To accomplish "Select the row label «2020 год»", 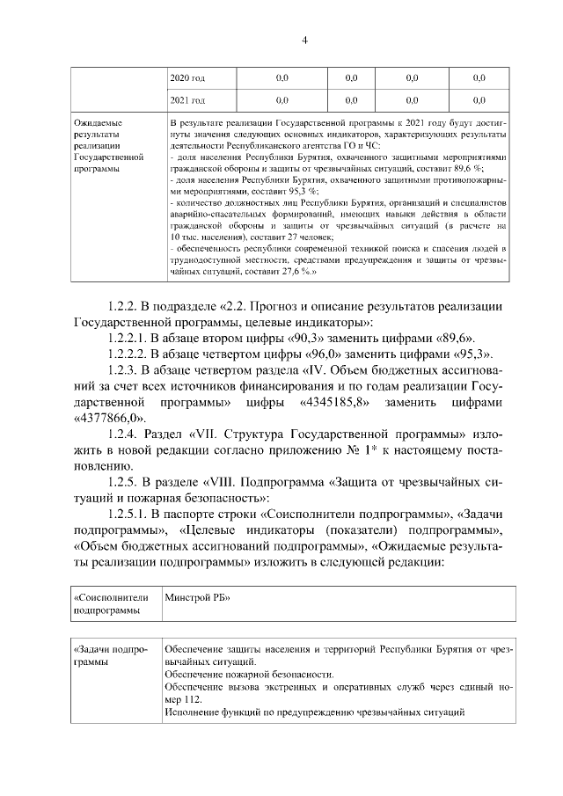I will coord(186,78).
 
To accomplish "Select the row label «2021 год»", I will coord(186,100).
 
